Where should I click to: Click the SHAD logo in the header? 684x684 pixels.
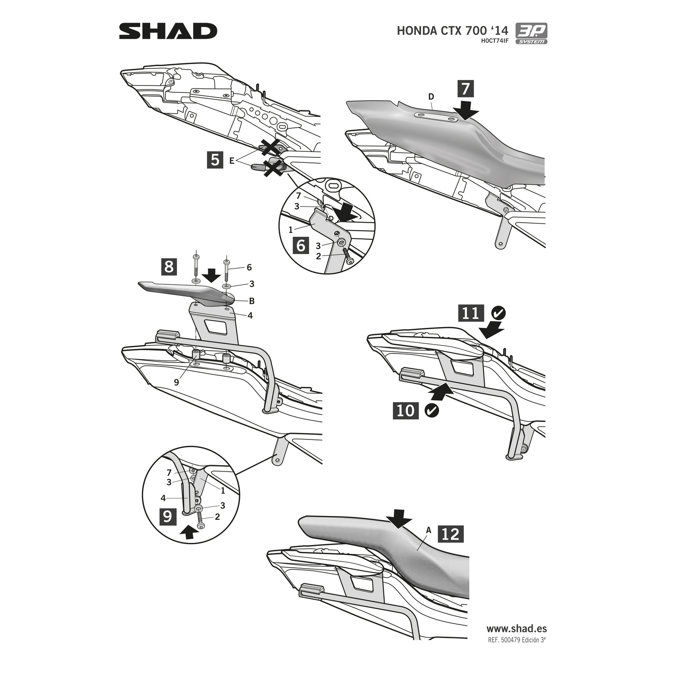tap(168, 31)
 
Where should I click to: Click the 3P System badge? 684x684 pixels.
tap(531, 33)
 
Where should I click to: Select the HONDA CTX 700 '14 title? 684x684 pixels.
tap(452, 31)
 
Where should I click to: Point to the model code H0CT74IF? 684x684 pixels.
tap(495, 41)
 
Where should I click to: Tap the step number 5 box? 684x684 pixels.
tap(215, 160)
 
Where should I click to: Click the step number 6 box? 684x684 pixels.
tap(301, 245)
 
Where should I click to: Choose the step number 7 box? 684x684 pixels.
tap(466, 88)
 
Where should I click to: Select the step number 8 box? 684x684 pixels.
tap(169, 266)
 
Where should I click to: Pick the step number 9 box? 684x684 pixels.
tap(168, 516)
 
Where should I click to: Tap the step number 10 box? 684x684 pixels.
tap(406, 410)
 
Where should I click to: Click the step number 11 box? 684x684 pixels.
tap(471, 313)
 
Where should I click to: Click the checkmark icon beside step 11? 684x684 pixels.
tap(498, 313)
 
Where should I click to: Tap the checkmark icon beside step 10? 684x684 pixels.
tap(432, 410)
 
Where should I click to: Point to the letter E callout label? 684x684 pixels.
tap(231, 161)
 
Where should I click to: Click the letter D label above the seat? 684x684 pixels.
tap(431, 97)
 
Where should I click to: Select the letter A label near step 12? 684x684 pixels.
tap(429, 530)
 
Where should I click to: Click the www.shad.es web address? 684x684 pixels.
tap(516, 628)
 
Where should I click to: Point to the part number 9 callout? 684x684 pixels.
tap(176, 382)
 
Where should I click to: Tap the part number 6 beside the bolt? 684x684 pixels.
tap(249, 268)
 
